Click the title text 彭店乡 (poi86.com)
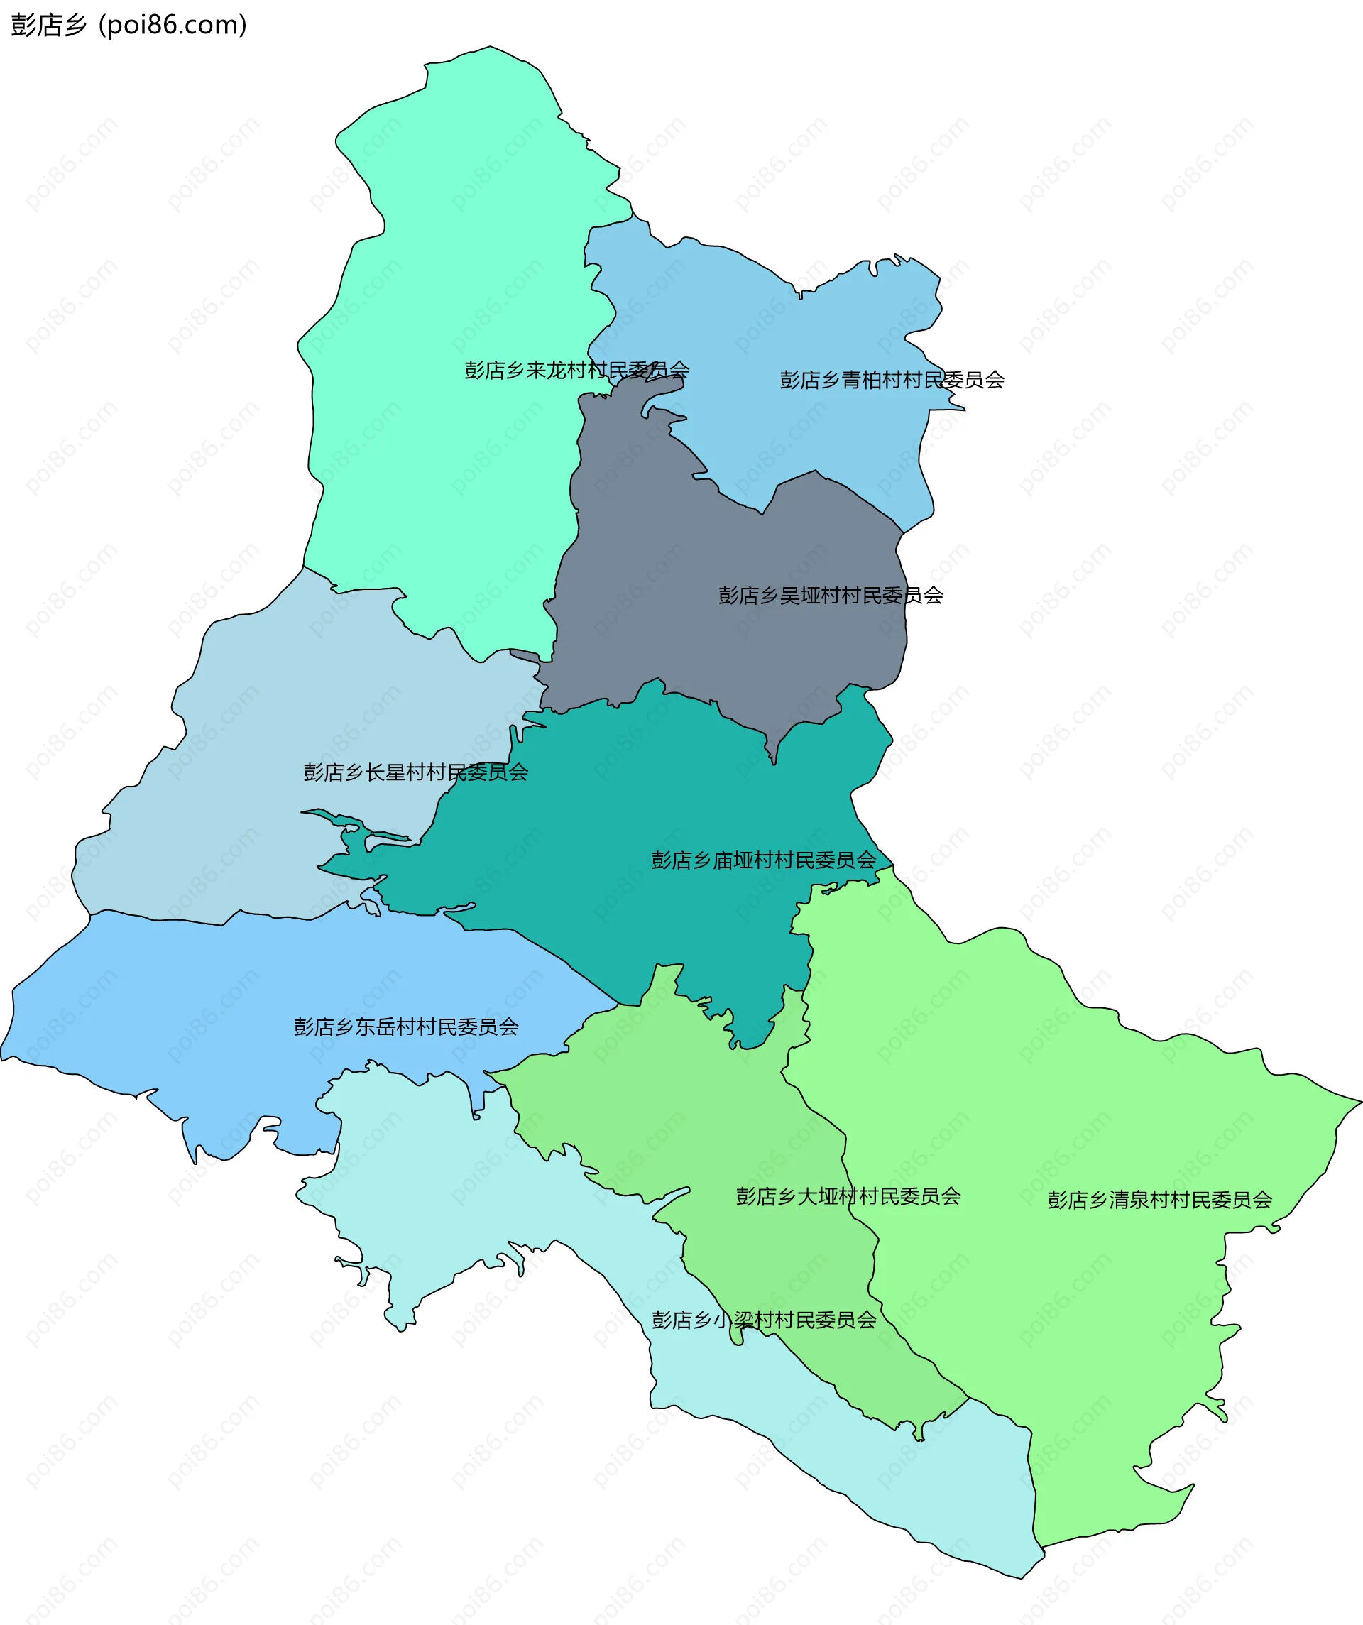coord(128,25)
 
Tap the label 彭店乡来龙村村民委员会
coord(576,370)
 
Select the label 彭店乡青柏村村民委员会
coord(892,380)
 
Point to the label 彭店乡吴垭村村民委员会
coord(831,595)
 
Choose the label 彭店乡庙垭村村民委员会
coord(763,860)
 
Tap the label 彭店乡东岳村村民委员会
coord(405,1027)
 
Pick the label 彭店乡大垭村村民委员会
coord(848,1196)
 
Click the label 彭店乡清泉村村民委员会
coord(1159,1200)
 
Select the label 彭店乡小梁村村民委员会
coord(763,1319)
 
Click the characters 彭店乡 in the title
coord(49,25)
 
